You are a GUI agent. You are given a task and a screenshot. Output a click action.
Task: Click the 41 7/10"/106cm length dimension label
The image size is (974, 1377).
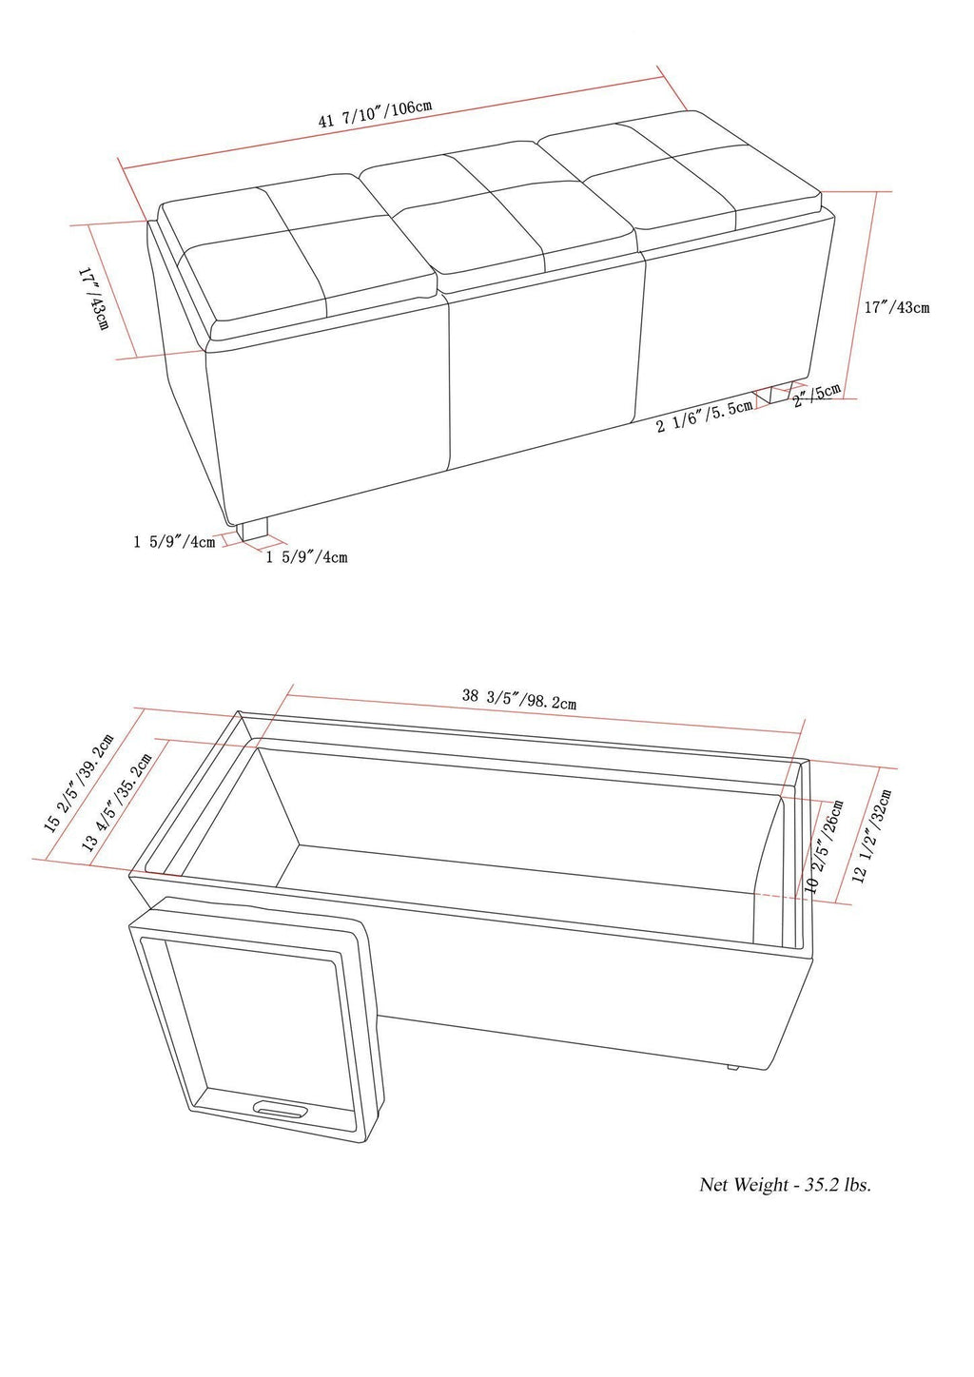pyautogui.click(x=377, y=114)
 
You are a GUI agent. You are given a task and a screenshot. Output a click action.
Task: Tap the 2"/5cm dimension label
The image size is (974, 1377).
pyautogui.click(x=817, y=393)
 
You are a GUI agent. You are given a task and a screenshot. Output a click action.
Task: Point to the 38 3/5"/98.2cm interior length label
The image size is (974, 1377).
pyautogui.click(x=519, y=699)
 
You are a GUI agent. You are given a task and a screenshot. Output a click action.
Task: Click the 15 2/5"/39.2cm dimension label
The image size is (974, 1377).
pyautogui.click(x=79, y=782)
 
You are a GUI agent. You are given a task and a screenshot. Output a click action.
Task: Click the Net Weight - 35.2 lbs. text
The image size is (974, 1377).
pyautogui.click(x=785, y=1185)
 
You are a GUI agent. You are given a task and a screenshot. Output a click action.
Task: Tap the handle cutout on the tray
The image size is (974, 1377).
pyautogui.click(x=281, y=1109)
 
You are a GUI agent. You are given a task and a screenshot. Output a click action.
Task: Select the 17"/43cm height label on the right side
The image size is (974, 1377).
pyautogui.click(x=896, y=307)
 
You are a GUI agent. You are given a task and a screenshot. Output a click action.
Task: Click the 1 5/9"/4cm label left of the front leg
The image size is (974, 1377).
pyautogui.click(x=174, y=543)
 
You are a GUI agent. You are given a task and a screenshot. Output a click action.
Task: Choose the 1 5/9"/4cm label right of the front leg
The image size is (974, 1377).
pyautogui.click(x=306, y=556)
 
